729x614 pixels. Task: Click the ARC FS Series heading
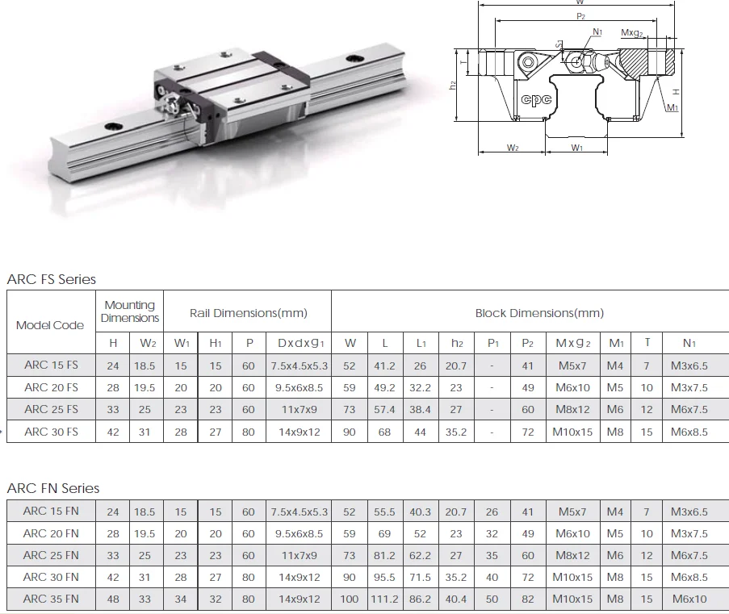52,279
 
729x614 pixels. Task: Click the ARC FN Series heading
53,488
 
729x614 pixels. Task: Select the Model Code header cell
50,325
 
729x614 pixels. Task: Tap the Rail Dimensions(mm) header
248,313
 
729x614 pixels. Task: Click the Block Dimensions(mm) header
539,313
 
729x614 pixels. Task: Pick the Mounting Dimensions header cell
130,311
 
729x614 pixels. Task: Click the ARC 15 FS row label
51,365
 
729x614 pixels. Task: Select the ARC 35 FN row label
51,599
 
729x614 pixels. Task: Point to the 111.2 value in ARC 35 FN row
385,599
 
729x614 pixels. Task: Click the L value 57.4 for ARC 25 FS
385,410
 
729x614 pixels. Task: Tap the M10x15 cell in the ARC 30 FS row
572,432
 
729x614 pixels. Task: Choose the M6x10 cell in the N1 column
689,599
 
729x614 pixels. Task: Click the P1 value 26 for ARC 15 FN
492,512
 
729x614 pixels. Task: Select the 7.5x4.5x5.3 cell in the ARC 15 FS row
300,365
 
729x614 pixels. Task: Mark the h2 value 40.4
456,599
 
